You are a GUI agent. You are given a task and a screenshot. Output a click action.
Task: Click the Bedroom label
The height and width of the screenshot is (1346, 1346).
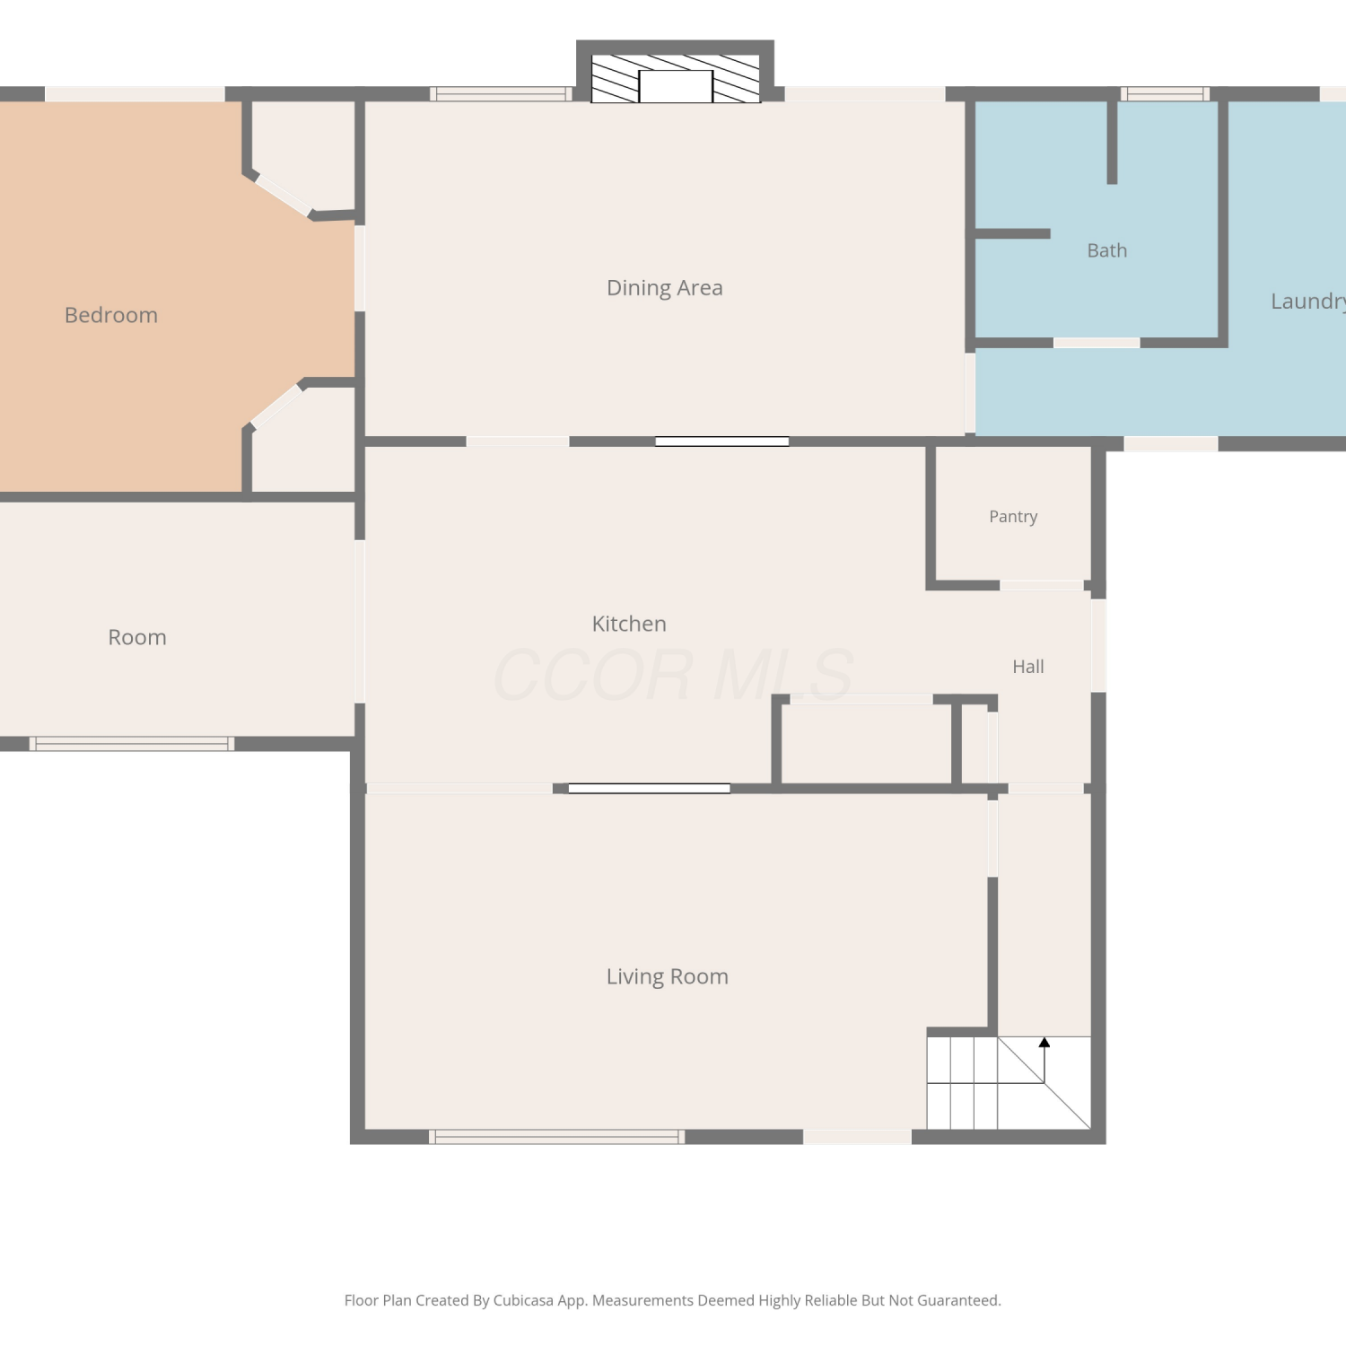coord(111,315)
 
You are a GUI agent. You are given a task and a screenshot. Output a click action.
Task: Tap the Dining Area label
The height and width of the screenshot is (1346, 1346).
coord(665,288)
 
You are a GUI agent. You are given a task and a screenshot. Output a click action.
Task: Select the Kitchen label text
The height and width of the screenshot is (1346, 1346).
coord(629,624)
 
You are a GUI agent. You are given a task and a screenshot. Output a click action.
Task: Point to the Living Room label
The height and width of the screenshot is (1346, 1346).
coord(668,976)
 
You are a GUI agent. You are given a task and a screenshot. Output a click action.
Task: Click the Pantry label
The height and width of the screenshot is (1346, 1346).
coord(1013,517)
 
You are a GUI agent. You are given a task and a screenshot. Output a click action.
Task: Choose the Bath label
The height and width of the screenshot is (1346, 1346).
coord(1107,250)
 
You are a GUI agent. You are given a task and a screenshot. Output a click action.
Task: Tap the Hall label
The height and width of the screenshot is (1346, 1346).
coord(1028,667)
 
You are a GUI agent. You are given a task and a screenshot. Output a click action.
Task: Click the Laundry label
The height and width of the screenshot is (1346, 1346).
coord(1308,302)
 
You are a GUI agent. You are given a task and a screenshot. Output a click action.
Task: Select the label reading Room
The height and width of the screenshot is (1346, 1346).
coord(137,637)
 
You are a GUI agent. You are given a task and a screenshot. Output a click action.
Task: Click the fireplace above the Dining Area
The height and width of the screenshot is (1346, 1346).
coord(675,72)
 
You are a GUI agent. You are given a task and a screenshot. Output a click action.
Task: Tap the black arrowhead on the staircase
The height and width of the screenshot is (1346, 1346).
coord(1044,1043)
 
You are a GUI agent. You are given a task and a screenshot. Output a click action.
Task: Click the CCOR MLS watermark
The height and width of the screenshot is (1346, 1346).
coord(673,675)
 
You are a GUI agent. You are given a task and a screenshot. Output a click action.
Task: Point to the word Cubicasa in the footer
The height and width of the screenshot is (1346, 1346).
coord(523,1300)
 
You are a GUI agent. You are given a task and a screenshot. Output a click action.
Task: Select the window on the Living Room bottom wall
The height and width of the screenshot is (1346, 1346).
coord(556,1137)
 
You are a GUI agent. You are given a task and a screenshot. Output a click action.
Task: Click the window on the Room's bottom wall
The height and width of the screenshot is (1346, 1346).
coord(132,744)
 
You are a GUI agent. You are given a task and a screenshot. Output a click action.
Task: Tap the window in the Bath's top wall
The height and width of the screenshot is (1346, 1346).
coord(1165,93)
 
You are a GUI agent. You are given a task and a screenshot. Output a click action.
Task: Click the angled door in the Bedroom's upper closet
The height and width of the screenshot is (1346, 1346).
coord(284,196)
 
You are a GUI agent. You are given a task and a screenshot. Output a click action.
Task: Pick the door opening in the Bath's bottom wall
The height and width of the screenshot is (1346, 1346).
coord(1097,343)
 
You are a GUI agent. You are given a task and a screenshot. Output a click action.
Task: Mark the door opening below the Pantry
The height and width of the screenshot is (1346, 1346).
coord(1042,585)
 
